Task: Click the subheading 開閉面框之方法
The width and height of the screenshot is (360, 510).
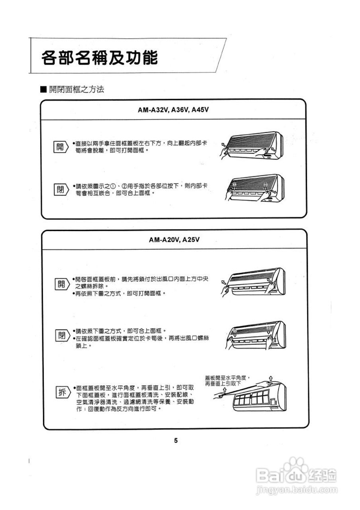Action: [76, 90]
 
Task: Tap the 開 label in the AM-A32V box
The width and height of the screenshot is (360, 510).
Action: [60, 147]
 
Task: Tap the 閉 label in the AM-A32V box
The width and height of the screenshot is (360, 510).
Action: [60, 189]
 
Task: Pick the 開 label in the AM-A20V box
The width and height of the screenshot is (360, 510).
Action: [60, 284]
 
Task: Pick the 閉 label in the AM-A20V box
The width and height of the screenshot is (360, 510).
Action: [60, 335]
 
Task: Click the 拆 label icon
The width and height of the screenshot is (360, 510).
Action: [60, 392]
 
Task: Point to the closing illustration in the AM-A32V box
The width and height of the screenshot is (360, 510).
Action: [251, 189]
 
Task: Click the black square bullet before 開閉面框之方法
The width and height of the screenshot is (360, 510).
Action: [44, 90]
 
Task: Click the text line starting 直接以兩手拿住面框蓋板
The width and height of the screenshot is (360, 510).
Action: [141, 143]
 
